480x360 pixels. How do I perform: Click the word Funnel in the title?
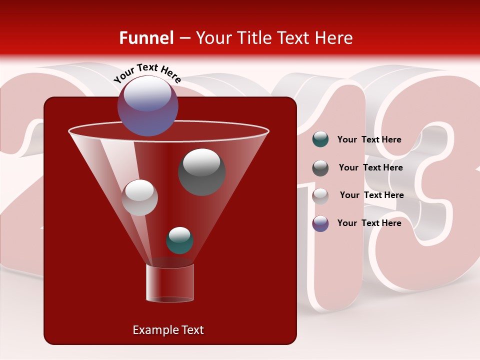click(146, 38)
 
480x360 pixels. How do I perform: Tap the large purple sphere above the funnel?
click(147, 106)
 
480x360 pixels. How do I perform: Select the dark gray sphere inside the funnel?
click(202, 172)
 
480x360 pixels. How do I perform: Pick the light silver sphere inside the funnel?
click(139, 197)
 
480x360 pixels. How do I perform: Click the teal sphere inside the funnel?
click(179, 240)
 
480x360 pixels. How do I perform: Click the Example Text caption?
click(168, 330)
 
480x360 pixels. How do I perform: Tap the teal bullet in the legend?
click(320, 139)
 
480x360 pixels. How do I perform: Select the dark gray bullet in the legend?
click(320, 168)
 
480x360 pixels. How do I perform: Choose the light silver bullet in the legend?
click(320, 195)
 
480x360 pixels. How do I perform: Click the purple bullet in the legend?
click(320, 223)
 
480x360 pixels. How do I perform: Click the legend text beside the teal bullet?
click(369, 140)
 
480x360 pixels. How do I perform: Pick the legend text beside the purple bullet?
click(369, 223)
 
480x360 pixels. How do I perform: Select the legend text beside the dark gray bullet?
click(370, 168)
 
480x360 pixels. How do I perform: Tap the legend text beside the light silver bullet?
click(371, 195)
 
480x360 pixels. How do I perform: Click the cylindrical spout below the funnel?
click(170, 283)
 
